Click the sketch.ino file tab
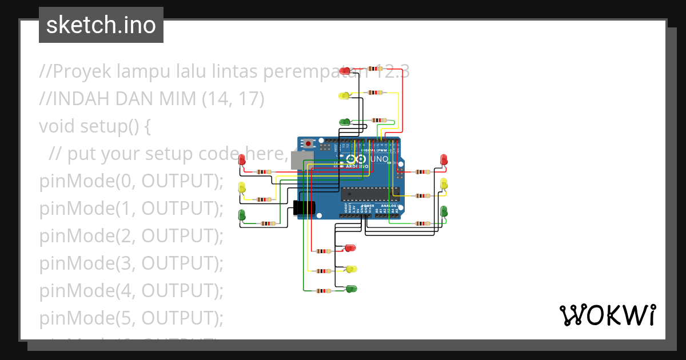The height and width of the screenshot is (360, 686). pos(101,25)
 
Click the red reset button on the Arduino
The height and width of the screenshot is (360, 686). pos(309,143)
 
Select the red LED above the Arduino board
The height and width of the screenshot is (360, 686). pos(345,71)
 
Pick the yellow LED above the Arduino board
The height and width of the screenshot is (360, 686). pos(344,95)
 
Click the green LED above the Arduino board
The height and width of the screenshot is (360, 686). pos(345,122)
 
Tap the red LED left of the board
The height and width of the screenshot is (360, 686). pos(242,160)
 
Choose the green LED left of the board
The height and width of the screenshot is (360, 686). pos(242,215)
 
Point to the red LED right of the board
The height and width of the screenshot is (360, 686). pos(444,159)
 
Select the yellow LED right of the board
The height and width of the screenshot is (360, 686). pos(444,184)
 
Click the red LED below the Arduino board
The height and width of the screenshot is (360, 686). pos(350,248)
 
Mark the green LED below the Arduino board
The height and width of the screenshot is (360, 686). pos(351,288)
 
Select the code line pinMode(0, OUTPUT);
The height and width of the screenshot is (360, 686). pos(131,181)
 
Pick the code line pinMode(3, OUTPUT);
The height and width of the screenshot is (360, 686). pos(131,263)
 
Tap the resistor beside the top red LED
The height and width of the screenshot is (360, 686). pos(376,68)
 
